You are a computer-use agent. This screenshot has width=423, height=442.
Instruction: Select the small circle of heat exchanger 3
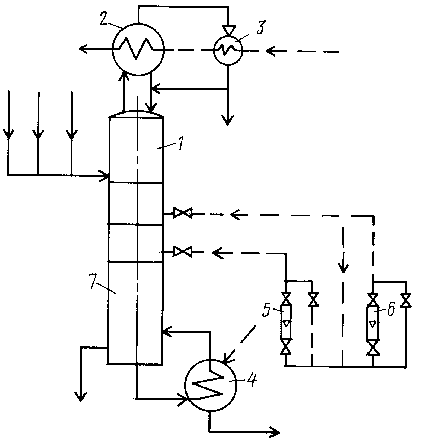pyautogui.click(x=228, y=50)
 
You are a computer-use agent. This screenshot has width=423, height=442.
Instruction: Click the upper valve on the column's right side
pyautogui.click(x=183, y=213)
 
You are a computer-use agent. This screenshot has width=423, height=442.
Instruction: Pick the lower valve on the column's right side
pyautogui.click(x=183, y=251)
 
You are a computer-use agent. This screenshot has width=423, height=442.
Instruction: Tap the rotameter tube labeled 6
pyautogui.click(x=372, y=323)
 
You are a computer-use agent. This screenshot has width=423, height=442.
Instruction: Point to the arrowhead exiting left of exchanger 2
pyautogui.click(x=84, y=48)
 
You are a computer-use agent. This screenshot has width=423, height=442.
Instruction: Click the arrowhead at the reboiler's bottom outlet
pyautogui.click(x=275, y=432)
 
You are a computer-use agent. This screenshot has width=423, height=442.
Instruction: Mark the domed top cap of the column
pyautogui.click(x=136, y=114)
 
